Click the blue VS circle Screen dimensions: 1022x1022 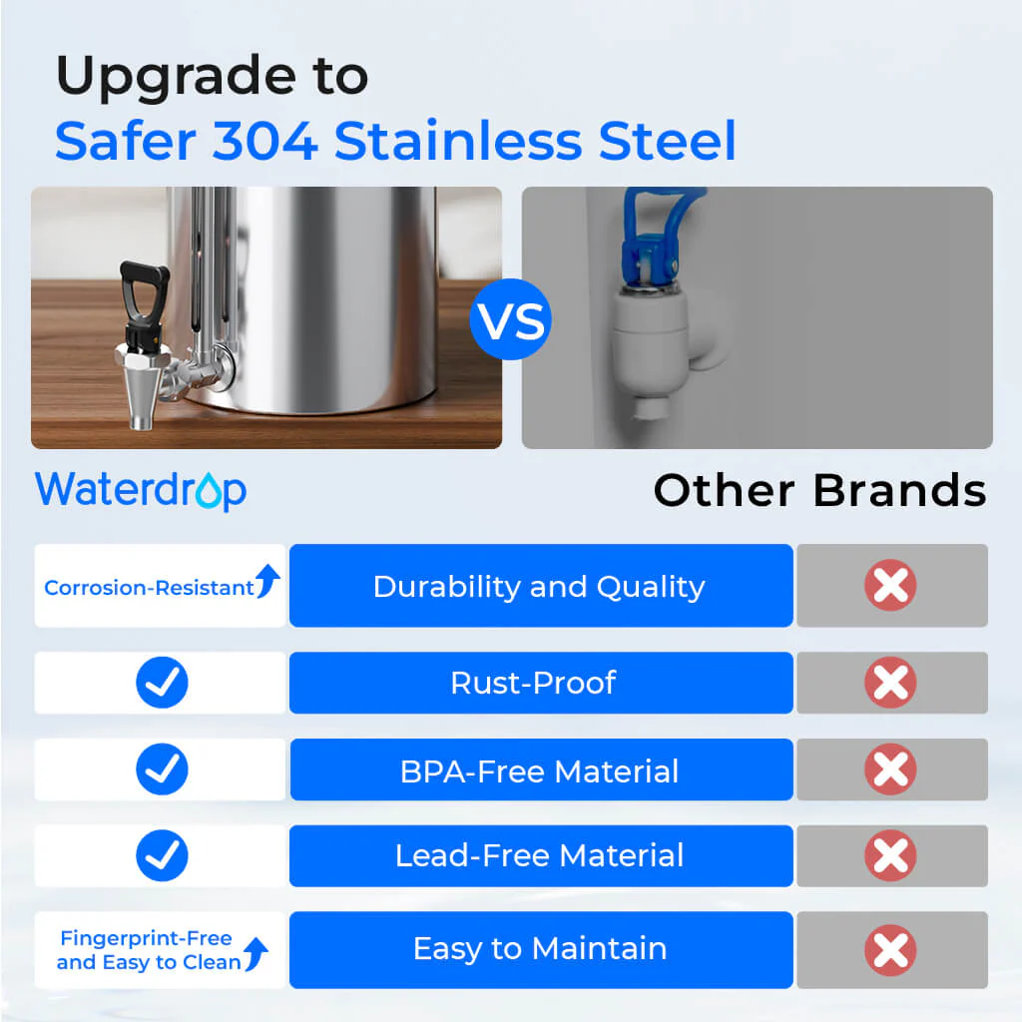pyautogui.click(x=510, y=320)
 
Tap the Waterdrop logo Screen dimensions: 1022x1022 pyautogui.click(x=141, y=490)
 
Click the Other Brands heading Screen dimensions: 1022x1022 pyautogui.click(x=819, y=490)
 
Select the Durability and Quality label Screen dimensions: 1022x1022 pyautogui.click(x=539, y=587)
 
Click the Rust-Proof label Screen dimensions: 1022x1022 pyautogui.click(x=533, y=683)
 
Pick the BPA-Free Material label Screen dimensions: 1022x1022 pyautogui.click(x=539, y=770)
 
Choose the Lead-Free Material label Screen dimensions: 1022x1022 pyautogui.click(x=539, y=855)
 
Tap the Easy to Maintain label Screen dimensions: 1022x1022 pyautogui.click(x=539, y=948)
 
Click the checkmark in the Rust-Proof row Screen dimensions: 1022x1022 pyautogui.click(x=162, y=683)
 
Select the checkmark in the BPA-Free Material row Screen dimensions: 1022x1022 pyautogui.click(x=162, y=770)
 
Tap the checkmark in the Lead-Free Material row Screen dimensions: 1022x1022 pyautogui.click(x=162, y=855)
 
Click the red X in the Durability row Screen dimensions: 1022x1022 pyautogui.click(x=890, y=585)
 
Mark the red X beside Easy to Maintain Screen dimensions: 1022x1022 pyautogui.click(x=890, y=950)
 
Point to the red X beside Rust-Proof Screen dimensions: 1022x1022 pyautogui.click(x=890, y=683)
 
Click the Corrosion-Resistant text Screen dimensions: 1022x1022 pyautogui.click(x=149, y=588)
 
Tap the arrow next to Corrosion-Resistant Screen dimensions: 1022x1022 pyautogui.click(x=267, y=582)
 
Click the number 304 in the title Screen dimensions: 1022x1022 pyautogui.click(x=264, y=141)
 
